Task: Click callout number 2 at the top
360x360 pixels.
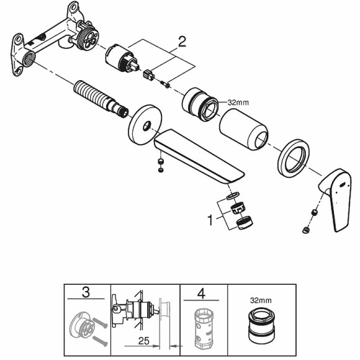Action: click(x=182, y=42)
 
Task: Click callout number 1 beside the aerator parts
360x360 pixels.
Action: click(x=210, y=220)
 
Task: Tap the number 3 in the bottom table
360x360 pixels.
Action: click(x=86, y=292)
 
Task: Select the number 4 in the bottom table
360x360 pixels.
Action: click(x=201, y=294)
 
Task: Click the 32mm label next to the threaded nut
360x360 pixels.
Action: click(x=238, y=102)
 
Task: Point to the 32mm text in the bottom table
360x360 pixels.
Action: click(x=261, y=300)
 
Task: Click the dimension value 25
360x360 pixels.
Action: click(x=144, y=341)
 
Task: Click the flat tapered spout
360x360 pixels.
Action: click(x=199, y=157)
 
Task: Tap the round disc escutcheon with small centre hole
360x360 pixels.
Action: click(x=145, y=125)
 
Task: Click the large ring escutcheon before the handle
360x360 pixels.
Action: click(x=294, y=158)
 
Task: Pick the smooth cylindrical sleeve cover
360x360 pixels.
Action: click(x=243, y=130)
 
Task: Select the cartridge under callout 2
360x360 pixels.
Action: click(x=122, y=59)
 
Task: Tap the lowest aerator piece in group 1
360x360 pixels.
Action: click(x=245, y=222)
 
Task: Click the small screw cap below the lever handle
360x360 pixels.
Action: click(x=306, y=230)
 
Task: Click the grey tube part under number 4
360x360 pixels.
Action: click(x=204, y=328)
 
